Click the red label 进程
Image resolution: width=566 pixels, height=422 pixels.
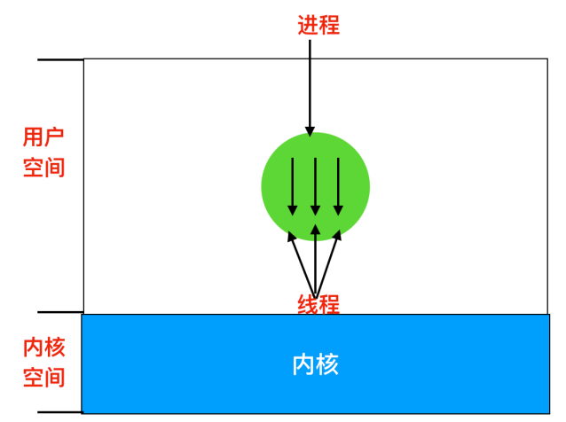click(x=318, y=24)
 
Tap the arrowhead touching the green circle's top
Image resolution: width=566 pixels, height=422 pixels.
click(x=310, y=130)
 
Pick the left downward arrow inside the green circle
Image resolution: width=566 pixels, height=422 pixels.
click(x=293, y=185)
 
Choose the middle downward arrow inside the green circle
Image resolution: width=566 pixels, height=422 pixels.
click(x=315, y=185)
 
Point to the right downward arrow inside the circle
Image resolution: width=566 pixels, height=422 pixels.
click(x=337, y=185)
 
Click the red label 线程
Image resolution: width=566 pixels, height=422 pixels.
click(x=318, y=304)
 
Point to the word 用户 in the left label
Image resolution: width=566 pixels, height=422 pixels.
click(x=43, y=137)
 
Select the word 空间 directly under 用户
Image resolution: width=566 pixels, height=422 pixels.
click(x=43, y=167)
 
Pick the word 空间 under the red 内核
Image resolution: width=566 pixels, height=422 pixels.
click(x=43, y=377)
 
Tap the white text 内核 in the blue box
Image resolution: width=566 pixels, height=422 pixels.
click(x=315, y=363)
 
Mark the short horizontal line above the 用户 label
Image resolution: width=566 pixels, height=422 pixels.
click(x=60, y=59)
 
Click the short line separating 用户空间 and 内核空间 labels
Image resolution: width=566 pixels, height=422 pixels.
click(x=60, y=312)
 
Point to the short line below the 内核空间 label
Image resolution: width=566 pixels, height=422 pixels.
click(x=60, y=411)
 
